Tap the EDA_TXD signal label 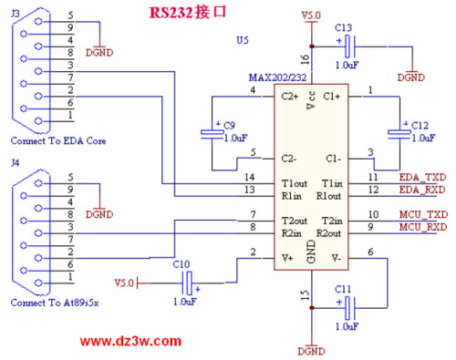tap(423, 176)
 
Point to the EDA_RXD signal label tap(423, 190)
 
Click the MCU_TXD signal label tap(424, 214)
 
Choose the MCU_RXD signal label tap(424, 227)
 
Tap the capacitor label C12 tap(420, 124)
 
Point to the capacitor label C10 tap(181, 263)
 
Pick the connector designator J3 tap(14, 12)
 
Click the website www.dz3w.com tap(130, 341)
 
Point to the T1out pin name tap(294, 182)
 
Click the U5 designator tap(242, 41)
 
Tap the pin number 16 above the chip tap(305, 58)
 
